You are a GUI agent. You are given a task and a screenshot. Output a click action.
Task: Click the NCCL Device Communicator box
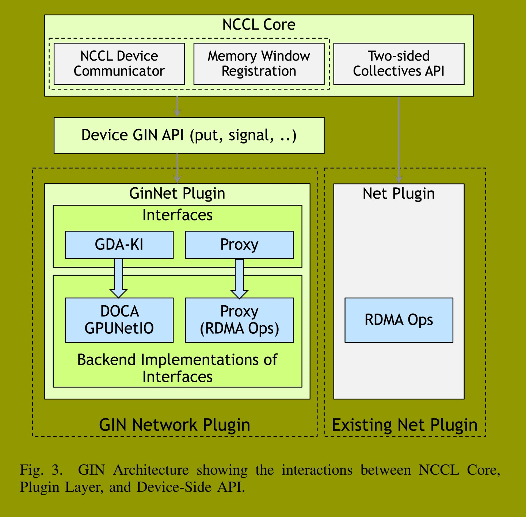119,64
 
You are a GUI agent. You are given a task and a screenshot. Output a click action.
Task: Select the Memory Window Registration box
259,64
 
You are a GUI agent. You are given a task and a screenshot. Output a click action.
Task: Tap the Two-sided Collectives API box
399,64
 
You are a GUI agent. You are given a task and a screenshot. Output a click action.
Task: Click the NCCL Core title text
259,24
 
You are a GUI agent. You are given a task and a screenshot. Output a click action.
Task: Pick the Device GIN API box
189,135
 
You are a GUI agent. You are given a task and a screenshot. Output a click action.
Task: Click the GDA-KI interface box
119,245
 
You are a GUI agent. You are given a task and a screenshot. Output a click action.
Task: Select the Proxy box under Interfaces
239,245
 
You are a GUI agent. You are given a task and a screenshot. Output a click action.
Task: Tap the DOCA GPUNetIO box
119,320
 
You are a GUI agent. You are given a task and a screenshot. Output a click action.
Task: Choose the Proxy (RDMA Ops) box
239,320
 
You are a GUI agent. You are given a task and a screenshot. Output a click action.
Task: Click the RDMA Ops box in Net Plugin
399,320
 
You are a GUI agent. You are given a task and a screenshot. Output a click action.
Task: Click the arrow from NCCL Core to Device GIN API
177,107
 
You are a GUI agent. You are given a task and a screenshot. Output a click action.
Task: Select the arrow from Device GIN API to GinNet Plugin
177,168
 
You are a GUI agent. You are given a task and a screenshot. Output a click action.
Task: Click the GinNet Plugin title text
177,194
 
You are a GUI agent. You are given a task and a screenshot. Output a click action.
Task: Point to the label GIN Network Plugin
175,425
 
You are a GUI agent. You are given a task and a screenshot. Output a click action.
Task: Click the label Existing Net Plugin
404,425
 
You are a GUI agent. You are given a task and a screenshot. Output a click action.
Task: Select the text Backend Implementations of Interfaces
177,368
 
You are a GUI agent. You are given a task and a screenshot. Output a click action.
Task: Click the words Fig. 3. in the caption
41,470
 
